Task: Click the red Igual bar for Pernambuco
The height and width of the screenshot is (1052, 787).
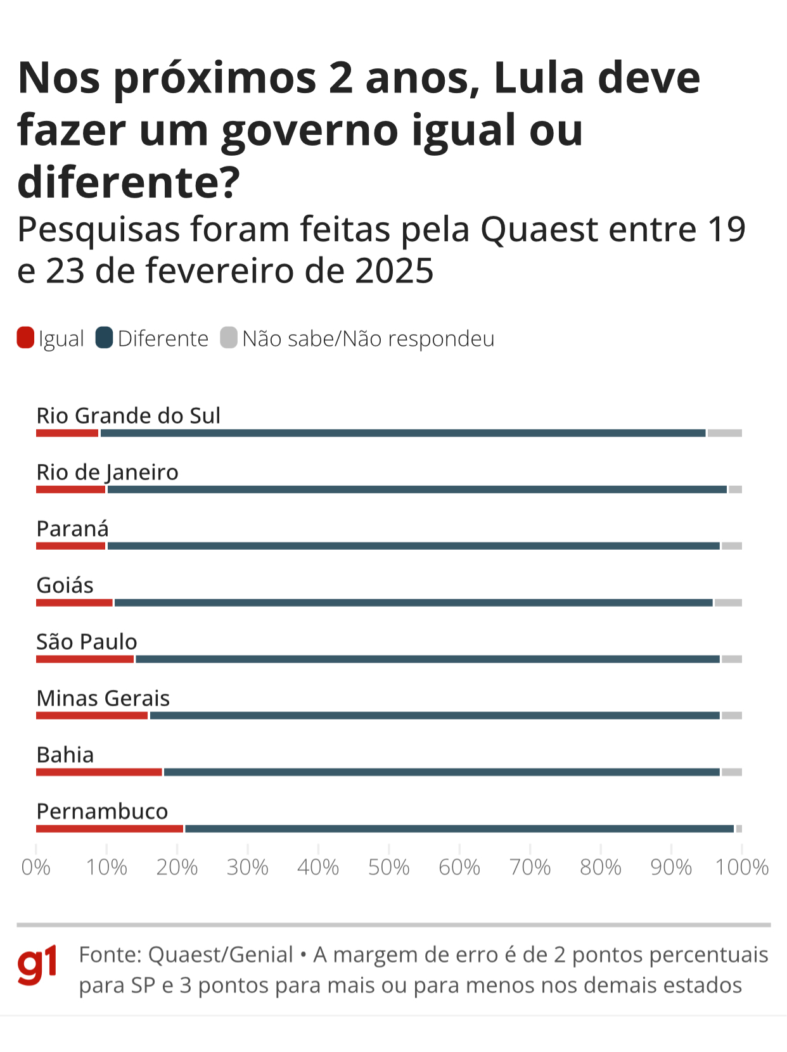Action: click(x=110, y=828)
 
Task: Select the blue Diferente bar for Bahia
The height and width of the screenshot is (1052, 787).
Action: click(x=441, y=772)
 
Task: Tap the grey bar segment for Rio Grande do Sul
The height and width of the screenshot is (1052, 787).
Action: click(x=724, y=433)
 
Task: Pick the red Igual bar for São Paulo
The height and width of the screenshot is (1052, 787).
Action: click(x=85, y=659)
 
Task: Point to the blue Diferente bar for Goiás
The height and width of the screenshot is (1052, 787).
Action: click(x=413, y=603)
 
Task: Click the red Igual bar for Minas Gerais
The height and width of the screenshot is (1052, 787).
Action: click(x=92, y=716)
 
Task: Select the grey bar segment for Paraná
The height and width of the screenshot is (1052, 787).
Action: click(x=731, y=546)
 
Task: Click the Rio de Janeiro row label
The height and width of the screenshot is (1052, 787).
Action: click(x=107, y=472)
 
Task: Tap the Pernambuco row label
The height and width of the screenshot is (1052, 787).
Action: click(x=102, y=811)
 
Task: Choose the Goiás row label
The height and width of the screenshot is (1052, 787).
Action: click(x=65, y=585)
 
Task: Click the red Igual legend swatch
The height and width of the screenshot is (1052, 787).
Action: click(x=25, y=338)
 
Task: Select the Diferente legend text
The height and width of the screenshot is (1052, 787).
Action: click(x=163, y=339)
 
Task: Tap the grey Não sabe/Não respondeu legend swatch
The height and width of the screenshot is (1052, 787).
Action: click(x=229, y=338)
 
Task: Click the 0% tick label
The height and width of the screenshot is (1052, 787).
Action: click(x=35, y=867)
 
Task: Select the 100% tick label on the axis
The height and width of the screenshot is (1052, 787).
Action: click(x=741, y=867)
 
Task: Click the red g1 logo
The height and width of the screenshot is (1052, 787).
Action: click(x=37, y=965)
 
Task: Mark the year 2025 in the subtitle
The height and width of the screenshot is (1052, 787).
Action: click(x=394, y=271)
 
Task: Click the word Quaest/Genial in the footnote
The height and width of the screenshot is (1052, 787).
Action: click(x=221, y=954)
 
